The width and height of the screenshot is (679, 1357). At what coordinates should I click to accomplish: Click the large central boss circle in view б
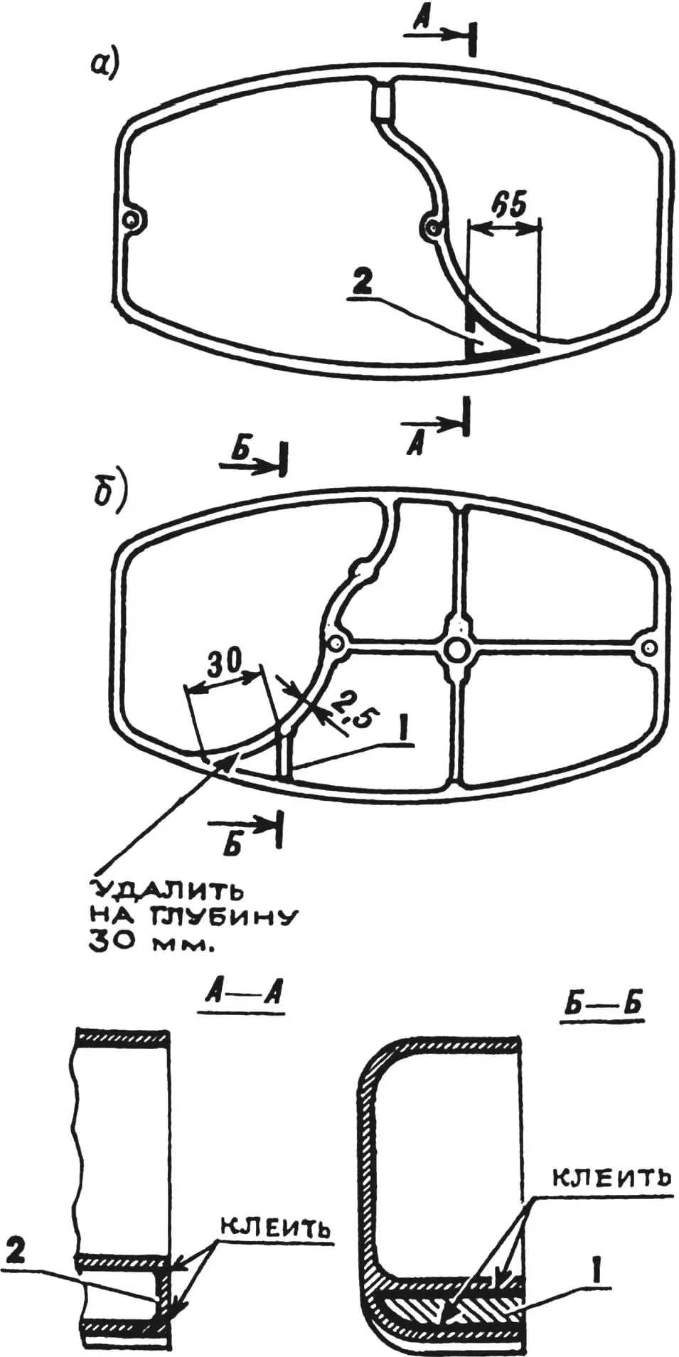(456, 649)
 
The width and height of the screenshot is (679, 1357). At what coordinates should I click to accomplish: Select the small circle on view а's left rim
(130, 220)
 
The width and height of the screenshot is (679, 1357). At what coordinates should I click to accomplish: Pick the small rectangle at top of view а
(382, 101)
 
